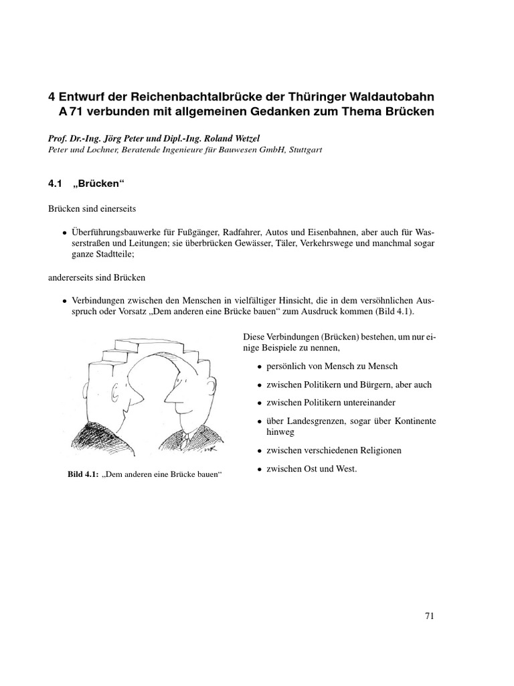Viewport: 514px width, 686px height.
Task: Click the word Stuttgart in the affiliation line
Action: pos(302,151)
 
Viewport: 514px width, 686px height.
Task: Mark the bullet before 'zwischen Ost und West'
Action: pos(258,470)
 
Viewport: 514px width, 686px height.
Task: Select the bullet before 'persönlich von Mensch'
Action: pos(258,367)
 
